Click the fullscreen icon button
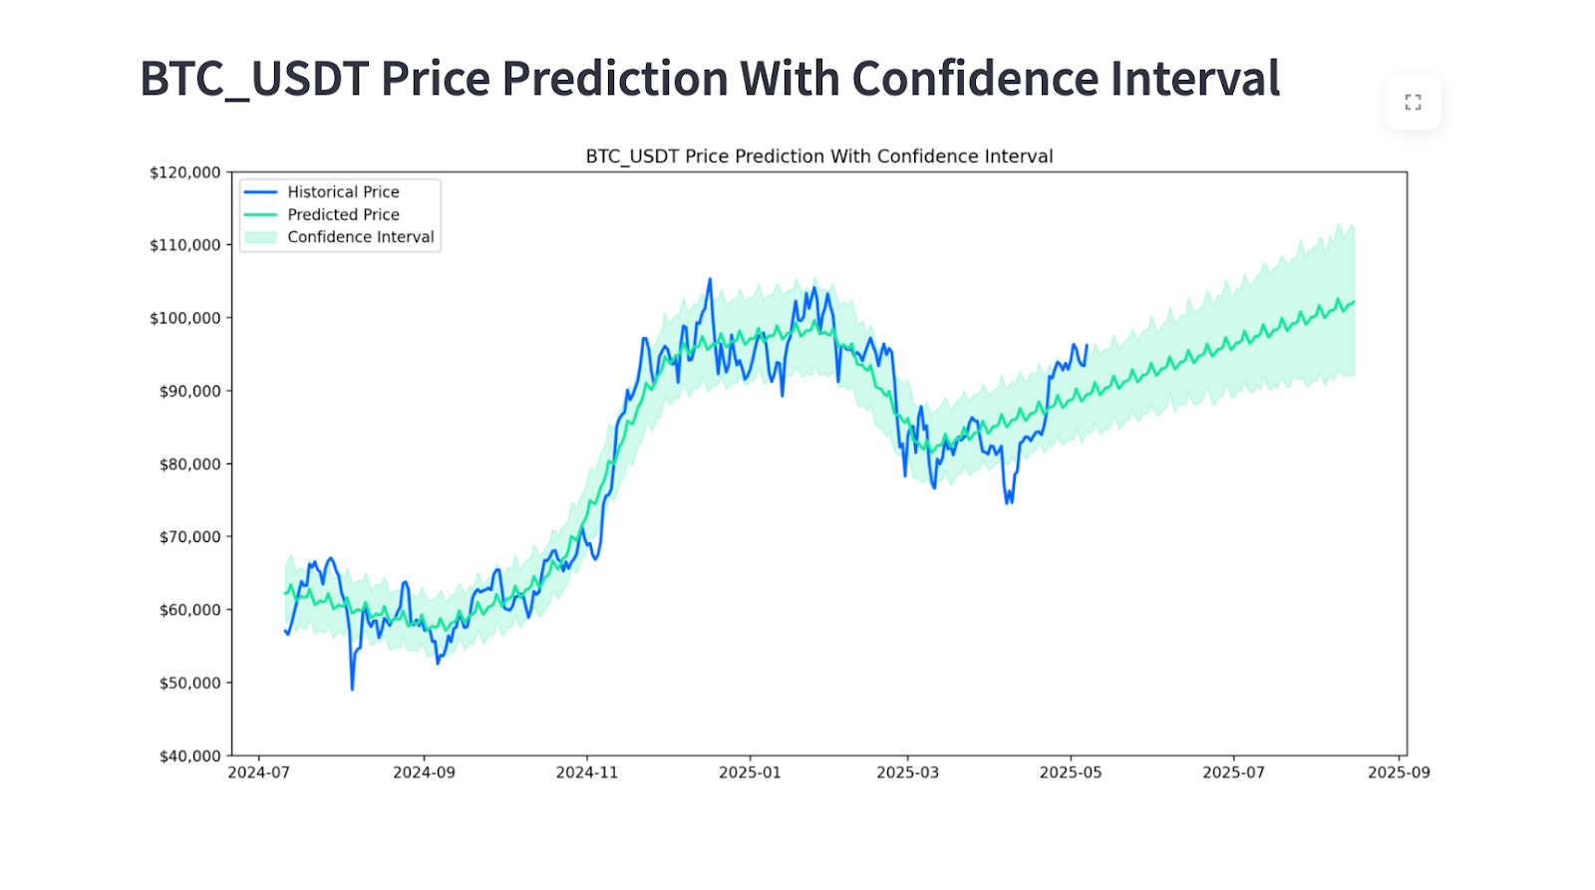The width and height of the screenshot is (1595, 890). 1413,102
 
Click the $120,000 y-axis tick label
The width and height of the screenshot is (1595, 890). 185,172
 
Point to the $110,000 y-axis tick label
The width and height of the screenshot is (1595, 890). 185,245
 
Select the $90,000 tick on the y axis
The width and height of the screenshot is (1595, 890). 189,391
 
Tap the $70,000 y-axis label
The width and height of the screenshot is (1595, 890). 189,537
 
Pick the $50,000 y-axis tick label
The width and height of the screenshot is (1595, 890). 189,683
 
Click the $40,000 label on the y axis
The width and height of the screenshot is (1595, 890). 189,755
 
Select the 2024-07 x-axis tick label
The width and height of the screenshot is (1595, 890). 259,772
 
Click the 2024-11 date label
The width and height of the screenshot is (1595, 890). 586,772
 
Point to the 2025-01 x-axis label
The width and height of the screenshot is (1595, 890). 750,772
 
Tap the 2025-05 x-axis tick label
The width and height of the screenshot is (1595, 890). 1071,772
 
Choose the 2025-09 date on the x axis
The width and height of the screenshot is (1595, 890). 1399,772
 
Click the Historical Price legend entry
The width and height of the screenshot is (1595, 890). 343,192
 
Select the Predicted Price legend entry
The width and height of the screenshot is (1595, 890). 343,214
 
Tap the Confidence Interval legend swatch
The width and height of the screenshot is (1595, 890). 261,237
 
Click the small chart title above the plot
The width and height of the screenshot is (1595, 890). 818,156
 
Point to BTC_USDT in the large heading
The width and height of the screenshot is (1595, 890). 254,79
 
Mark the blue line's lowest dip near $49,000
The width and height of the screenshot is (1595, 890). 352,689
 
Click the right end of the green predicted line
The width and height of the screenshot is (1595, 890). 1354,301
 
